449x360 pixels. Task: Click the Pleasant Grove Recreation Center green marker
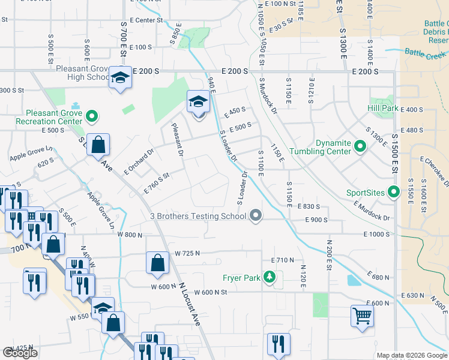tap(92, 116)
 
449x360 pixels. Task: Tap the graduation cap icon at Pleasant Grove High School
tap(120, 78)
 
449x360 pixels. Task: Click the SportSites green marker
tap(394, 193)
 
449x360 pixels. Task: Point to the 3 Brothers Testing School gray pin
tap(256, 215)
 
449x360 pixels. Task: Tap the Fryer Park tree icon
tap(271, 277)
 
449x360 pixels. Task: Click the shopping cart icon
tap(362, 315)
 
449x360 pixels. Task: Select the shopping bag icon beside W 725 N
tap(157, 262)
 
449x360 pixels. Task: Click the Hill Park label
tap(383, 108)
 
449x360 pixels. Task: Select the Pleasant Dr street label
tap(176, 139)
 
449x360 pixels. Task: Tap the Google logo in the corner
tap(20, 353)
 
